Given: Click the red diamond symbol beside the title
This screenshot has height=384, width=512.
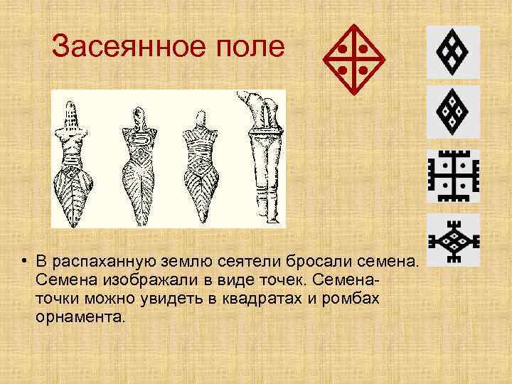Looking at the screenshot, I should click(x=354, y=60).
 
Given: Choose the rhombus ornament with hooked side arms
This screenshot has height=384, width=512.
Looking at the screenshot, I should click(x=453, y=240).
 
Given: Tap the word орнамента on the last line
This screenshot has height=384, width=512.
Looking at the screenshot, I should click(x=78, y=316).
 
